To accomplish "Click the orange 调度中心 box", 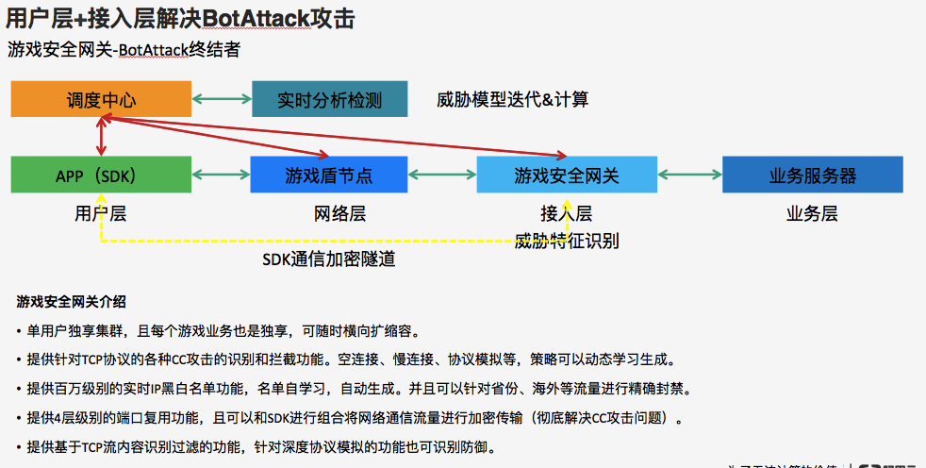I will coord(101,99).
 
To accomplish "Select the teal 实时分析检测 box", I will coord(329,99).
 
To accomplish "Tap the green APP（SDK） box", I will coord(101,175).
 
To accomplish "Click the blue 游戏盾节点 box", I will coord(328,175).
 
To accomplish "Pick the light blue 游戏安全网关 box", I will coord(566,175).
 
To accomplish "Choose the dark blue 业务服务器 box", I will coord(812,175).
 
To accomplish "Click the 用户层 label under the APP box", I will coord(101,214).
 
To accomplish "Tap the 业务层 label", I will coord(812,214).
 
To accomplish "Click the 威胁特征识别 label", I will coord(567,241).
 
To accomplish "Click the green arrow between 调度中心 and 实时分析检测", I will coord(222,98).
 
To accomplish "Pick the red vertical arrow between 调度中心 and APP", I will coord(101,137).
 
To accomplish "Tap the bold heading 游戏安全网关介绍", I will coord(71,303).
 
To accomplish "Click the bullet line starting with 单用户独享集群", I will coord(223,331).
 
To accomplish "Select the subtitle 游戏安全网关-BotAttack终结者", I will coord(124,50).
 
